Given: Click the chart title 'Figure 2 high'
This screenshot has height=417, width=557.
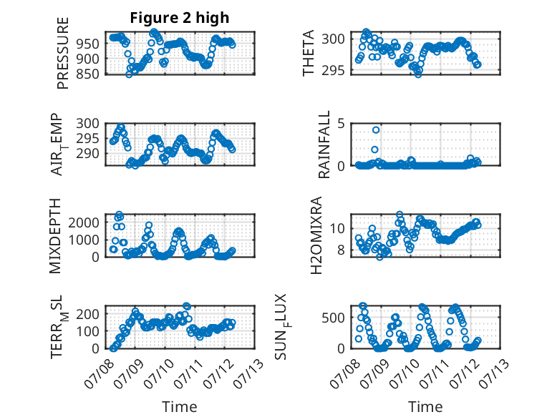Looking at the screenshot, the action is (180, 18).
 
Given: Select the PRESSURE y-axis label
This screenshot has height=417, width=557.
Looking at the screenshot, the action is (62, 53).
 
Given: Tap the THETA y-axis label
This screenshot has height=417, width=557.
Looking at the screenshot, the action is (309, 53).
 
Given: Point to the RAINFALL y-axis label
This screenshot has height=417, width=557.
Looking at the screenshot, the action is (324, 144).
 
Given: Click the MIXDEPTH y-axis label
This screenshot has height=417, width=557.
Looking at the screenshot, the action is (55, 236).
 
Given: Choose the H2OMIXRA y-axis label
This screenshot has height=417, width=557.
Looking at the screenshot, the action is (316, 235).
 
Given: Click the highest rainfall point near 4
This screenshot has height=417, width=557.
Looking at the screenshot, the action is (376, 130).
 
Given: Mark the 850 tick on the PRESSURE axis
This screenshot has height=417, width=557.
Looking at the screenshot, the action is (88, 74).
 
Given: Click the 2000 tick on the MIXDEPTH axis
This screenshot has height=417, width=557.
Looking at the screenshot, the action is (84, 223).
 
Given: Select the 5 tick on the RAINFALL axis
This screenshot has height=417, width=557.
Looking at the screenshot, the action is (342, 124).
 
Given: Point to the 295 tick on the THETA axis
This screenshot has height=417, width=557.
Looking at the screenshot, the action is (334, 71).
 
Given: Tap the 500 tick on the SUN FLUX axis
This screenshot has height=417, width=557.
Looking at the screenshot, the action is (334, 318).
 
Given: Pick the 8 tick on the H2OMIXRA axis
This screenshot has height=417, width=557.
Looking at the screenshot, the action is (342, 250).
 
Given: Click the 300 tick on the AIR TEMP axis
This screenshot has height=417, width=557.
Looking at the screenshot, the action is (88, 124).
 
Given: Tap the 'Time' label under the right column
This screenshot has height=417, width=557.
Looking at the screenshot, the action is (425, 407).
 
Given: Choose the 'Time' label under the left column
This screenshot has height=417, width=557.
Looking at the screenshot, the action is (180, 407).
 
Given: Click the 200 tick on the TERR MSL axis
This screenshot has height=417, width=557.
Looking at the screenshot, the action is (88, 314).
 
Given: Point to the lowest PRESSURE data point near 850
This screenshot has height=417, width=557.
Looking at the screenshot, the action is (129, 74).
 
